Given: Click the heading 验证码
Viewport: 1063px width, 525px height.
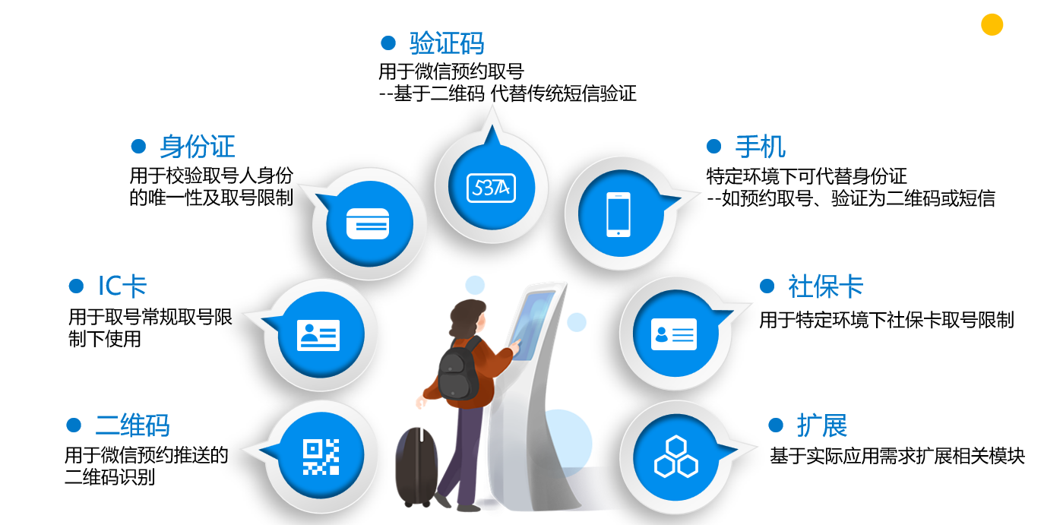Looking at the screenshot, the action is coord(447,43).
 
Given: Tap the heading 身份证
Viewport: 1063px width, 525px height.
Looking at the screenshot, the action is coord(198,146).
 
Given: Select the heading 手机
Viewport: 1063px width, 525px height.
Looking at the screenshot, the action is coord(761,146).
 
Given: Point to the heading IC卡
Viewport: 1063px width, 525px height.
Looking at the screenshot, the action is coord(122,286).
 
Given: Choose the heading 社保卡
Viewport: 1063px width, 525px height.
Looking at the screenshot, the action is coord(826,286).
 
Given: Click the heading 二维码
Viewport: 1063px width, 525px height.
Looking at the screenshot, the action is coord(132,425).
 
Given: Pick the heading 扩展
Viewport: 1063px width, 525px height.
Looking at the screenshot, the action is coord(822,425).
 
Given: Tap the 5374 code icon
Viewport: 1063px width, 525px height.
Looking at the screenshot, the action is coord(491,188).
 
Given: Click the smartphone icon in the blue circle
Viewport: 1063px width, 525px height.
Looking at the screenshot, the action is coord(619,214).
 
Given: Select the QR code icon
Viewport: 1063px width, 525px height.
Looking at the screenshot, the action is coord(321,457).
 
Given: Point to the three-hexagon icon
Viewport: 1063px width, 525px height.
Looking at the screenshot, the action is coord(675,457).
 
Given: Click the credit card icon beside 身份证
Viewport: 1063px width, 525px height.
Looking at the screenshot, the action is coord(368,223).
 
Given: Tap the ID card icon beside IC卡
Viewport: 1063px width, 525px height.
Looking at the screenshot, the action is coord(318,335).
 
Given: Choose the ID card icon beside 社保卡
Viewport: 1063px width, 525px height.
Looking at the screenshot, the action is coord(674,334).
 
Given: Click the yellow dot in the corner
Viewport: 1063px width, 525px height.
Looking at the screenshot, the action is coord(992,24).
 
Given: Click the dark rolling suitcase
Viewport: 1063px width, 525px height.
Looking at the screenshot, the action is coord(416,466).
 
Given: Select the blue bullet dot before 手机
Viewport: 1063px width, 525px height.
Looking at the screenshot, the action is coord(713,146).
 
